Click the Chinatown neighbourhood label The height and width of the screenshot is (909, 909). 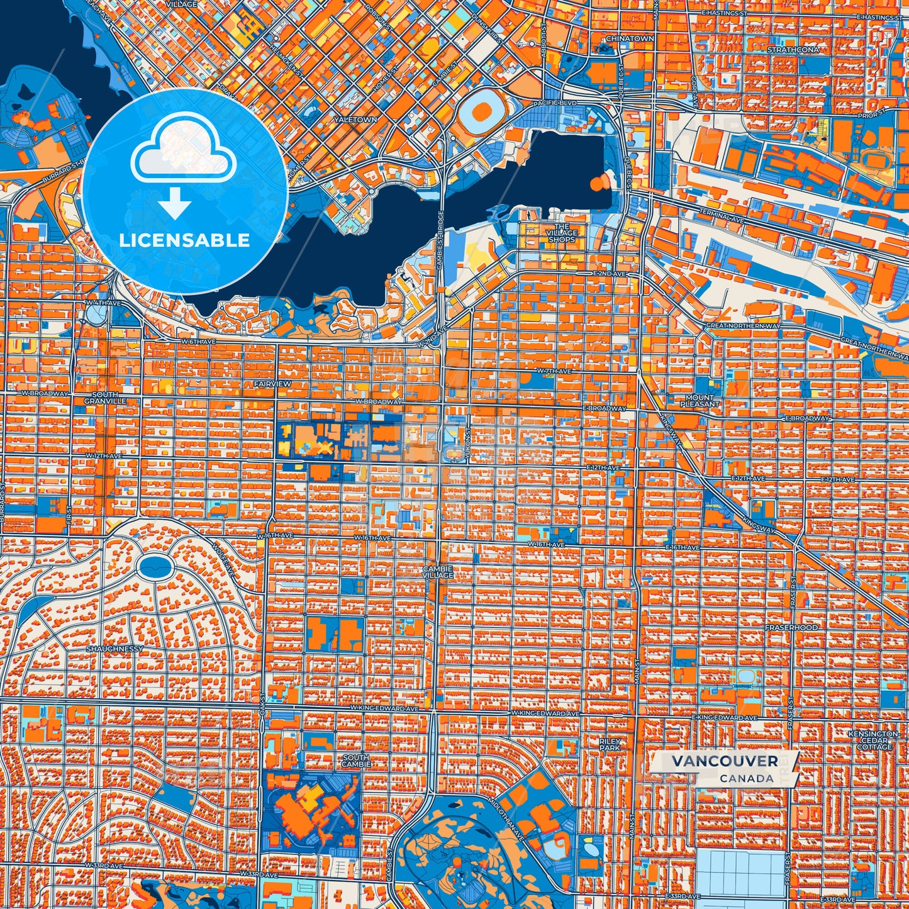tap(630, 38)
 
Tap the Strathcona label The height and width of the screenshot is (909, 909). tap(793, 49)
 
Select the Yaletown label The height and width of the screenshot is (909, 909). tap(355, 119)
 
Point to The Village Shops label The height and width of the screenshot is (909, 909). tap(561, 233)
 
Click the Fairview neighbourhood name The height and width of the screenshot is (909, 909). tap(272, 383)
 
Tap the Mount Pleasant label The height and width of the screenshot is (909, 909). tap(700, 401)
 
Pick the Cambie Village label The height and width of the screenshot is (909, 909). tap(438, 572)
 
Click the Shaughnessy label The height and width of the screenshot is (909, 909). tap(115, 649)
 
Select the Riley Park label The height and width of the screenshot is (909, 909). tap(610, 745)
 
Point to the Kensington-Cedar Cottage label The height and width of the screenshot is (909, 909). tap(874, 740)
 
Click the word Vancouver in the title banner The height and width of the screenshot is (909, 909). tap(724, 761)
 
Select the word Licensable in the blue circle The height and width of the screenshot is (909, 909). tap(185, 240)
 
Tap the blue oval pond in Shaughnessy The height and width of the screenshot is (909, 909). tap(154, 567)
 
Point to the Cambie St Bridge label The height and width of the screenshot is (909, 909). tap(440, 241)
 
